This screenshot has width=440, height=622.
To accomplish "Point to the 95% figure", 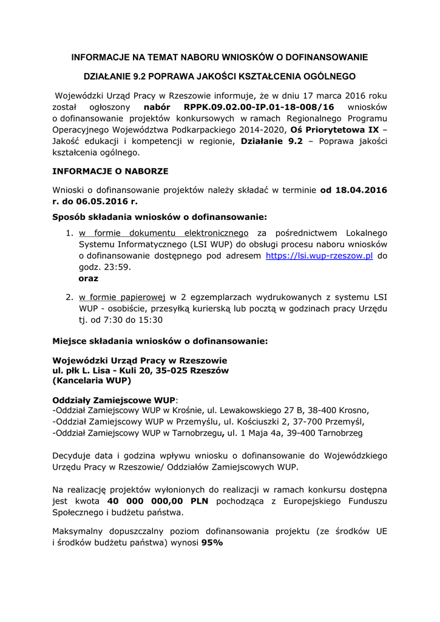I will pos(212,543).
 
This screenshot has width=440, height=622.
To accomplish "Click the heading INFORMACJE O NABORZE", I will pos(110,171).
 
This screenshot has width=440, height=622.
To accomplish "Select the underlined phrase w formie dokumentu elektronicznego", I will pos(164,233).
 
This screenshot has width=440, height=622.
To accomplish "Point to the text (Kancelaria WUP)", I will pos(92,381).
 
